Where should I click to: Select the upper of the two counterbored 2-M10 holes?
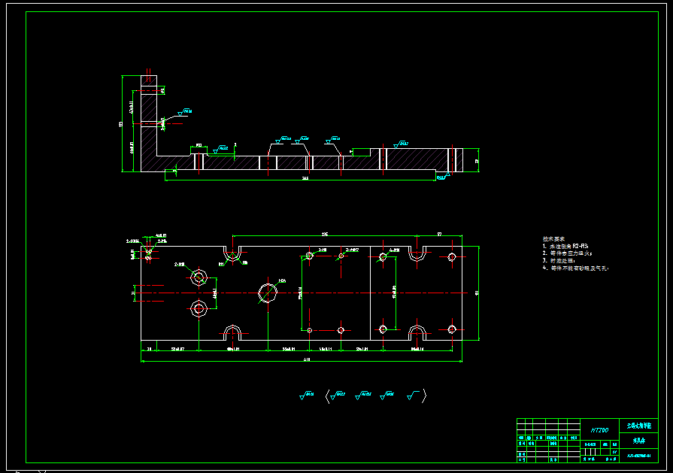coord(199,277)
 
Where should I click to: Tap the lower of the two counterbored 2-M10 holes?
coord(199,308)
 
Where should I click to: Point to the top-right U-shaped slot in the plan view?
coord(416,253)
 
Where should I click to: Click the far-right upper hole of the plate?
coord(452,257)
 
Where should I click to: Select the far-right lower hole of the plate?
coord(452,329)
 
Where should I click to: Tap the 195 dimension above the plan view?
coord(325,234)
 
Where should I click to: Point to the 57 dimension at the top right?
coord(439,234)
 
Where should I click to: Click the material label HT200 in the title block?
coord(599,430)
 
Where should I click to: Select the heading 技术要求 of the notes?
coord(554,238)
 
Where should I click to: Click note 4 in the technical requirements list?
coord(574,268)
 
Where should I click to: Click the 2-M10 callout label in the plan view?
coord(180,265)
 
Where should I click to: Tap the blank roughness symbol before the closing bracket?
coord(413,394)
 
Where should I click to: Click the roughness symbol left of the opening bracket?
coord(308,394)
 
